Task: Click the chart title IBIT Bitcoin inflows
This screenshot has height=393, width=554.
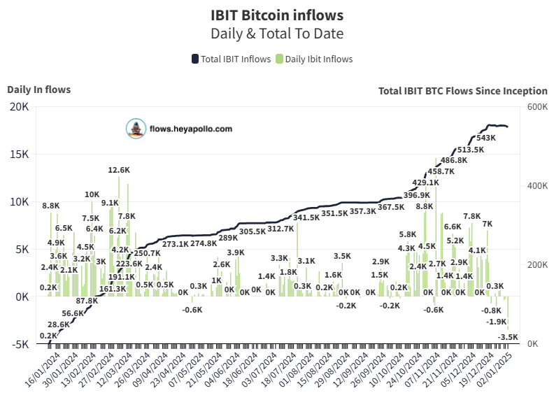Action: tap(277, 14)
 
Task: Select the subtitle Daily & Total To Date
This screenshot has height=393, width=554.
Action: tap(277, 33)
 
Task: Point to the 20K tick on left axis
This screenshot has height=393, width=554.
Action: tap(19, 106)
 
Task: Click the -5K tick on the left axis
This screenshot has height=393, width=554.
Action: tap(19, 344)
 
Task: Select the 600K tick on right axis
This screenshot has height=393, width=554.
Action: tap(537, 106)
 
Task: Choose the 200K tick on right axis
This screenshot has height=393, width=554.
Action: tap(537, 265)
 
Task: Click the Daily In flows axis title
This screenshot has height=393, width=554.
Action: tap(38, 89)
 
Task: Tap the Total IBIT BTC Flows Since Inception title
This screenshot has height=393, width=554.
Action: tap(462, 90)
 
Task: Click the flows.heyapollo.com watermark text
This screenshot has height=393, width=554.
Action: tap(191, 129)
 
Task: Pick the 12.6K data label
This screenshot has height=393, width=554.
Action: tap(119, 170)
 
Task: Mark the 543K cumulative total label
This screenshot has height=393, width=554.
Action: tap(485, 138)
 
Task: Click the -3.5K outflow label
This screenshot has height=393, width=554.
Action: tap(508, 337)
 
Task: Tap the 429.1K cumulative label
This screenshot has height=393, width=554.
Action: tap(425, 183)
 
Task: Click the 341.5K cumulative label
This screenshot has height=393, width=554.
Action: tap(306, 217)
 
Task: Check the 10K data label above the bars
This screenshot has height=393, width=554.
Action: tap(92, 194)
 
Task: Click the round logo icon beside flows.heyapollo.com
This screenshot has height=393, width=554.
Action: tap(134, 129)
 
